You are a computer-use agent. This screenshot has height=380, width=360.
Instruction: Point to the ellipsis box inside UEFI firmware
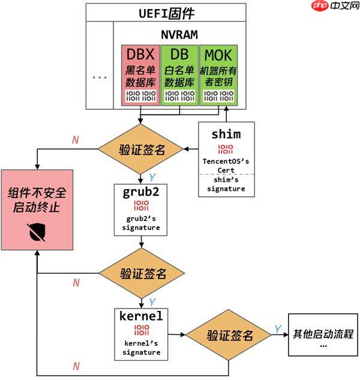click(100, 76)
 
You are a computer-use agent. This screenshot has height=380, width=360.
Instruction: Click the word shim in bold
click(227, 133)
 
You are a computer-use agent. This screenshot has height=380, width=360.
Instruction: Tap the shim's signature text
click(227, 184)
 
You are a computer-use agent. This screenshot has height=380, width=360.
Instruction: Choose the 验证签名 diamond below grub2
click(142, 274)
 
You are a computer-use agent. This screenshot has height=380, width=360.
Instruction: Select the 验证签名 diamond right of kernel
click(229, 335)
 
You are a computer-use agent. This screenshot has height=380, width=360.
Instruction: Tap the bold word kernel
click(142, 316)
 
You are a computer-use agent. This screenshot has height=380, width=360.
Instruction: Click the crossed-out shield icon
click(37, 232)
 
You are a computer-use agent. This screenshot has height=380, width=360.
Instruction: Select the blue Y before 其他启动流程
click(278, 328)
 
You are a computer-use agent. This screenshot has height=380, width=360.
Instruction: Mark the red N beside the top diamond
click(75, 140)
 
